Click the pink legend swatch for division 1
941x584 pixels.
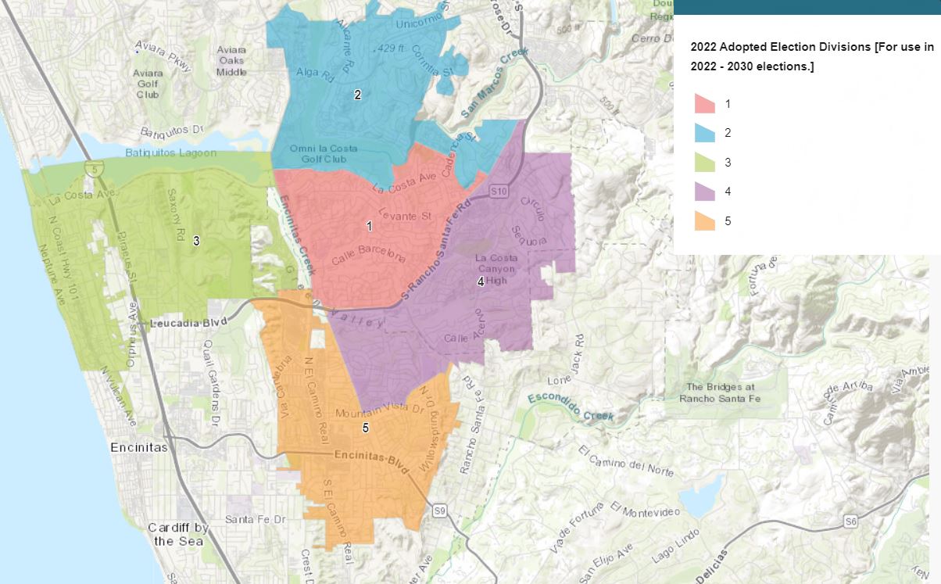pyautogui.click(x=705, y=104)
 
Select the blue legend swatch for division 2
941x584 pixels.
pyautogui.click(x=705, y=133)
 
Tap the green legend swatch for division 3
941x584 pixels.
pyautogui.click(x=705, y=163)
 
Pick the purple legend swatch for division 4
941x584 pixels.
pyautogui.click(x=705, y=192)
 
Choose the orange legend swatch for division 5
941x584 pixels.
pyautogui.click(x=705, y=221)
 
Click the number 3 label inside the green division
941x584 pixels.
pyautogui.click(x=196, y=241)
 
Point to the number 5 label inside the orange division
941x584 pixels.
pyautogui.click(x=365, y=428)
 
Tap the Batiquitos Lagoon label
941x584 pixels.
pyautogui.click(x=171, y=152)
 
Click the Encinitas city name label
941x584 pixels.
pyautogui.click(x=140, y=448)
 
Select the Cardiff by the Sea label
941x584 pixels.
pyautogui.click(x=178, y=534)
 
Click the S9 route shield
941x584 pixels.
pyautogui.click(x=440, y=511)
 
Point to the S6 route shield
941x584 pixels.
pyautogui.click(x=851, y=521)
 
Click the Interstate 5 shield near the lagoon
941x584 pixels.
pyautogui.click(x=95, y=167)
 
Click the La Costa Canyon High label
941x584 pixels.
pyautogui.click(x=495, y=269)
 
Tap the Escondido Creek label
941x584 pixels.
pyautogui.click(x=570, y=406)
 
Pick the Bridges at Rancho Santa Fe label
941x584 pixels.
pyautogui.click(x=721, y=392)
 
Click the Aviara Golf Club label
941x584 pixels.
pyautogui.click(x=148, y=84)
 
